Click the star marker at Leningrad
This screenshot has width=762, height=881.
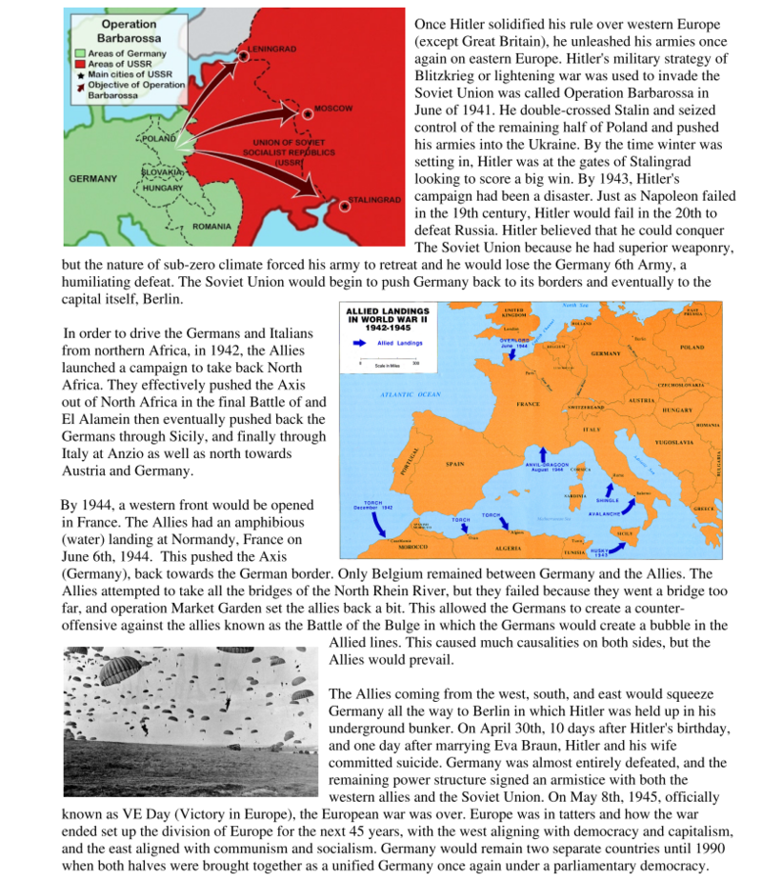click(244, 56)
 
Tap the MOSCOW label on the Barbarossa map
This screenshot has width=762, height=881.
click(333, 109)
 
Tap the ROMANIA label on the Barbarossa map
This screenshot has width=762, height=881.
click(211, 227)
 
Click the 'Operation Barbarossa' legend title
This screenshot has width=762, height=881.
click(123, 30)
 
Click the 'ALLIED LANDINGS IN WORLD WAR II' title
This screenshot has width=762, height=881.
click(387, 321)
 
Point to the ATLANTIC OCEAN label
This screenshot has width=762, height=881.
click(411, 393)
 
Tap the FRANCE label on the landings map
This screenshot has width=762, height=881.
click(528, 404)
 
